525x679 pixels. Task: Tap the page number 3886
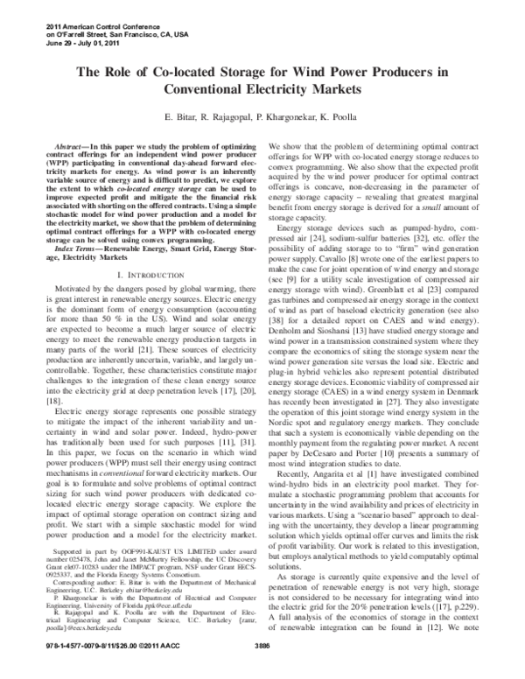(263, 669)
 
